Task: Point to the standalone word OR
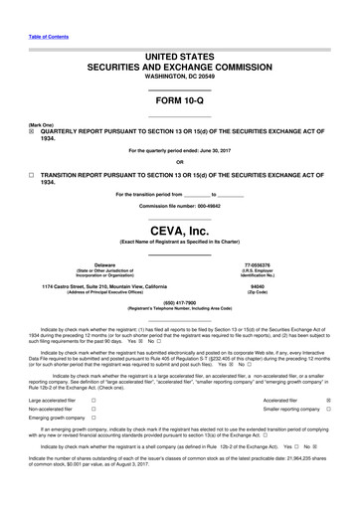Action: [180, 163]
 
